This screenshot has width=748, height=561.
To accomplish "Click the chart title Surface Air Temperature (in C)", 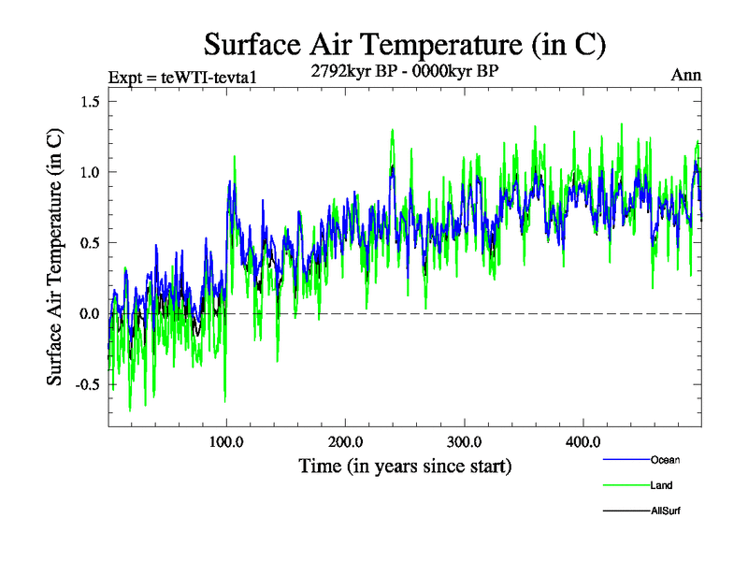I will pyautogui.click(x=405, y=44).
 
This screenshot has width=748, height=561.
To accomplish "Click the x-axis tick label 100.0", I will pyautogui.click(x=226, y=440).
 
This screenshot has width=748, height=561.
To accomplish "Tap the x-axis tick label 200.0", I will pyautogui.click(x=346, y=440).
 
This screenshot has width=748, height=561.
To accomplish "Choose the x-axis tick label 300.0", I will pyautogui.click(x=465, y=440).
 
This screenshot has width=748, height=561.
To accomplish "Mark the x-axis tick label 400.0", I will pyautogui.click(x=583, y=440).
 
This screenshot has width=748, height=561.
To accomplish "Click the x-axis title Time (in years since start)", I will pyautogui.click(x=405, y=465).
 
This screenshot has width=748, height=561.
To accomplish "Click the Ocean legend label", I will pyautogui.click(x=665, y=460).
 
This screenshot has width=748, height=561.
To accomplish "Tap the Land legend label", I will pyautogui.click(x=661, y=485).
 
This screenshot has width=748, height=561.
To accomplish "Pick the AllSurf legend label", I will pyautogui.click(x=666, y=511).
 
